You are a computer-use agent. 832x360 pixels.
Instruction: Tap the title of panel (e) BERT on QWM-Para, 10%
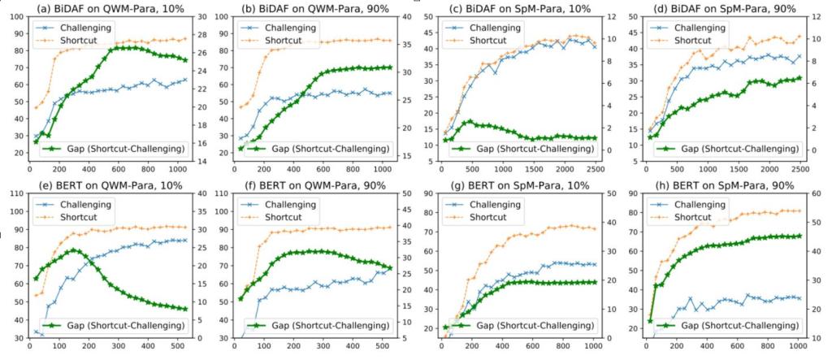pyautogui.click(x=108, y=186)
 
